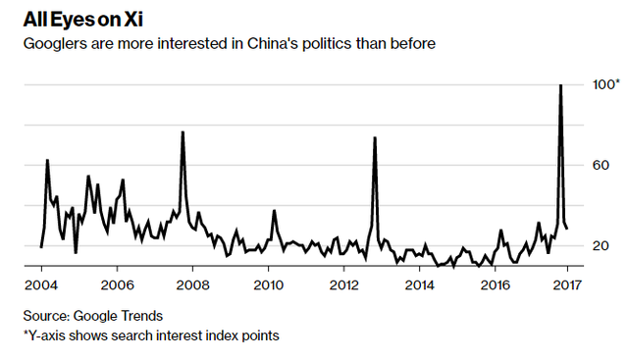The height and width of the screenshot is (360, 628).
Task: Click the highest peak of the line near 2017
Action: click(559, 86)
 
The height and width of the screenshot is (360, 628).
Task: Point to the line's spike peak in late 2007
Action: click(183, 132)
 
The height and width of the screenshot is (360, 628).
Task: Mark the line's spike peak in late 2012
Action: click(375, 138)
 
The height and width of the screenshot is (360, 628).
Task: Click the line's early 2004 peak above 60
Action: click(47, 160)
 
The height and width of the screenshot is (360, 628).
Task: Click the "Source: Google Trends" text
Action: click(93, 316)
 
